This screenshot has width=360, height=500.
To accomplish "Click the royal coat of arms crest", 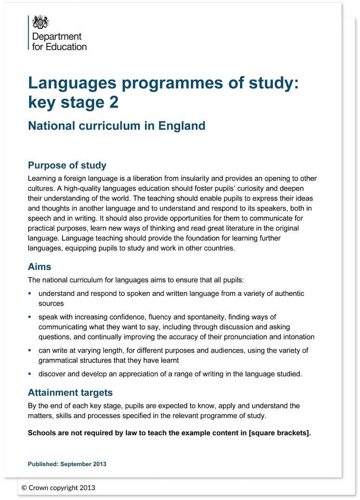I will (x=40, y=22).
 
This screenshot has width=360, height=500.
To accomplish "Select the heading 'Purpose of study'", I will (x=67, y=165).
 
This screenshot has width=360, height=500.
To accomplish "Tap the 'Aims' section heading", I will (x=39, y=267).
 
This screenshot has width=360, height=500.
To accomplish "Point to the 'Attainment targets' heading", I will (x=70, y=393).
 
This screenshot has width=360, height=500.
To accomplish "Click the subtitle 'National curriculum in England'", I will (x=116, y=125).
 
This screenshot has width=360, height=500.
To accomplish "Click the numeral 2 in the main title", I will (x=114, y=102).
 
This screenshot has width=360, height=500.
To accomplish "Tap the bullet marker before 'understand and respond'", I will (x=30, y=294).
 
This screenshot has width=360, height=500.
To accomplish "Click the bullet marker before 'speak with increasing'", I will (x=30, y=317).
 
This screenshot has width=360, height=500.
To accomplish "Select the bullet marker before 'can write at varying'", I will (x=30, y=350).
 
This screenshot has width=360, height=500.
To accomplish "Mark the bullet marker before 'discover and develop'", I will (x=30, y=373).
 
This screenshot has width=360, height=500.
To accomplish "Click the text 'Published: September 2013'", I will (x=67, y=464).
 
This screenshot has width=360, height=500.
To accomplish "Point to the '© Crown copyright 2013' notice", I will (x=58, y=487).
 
